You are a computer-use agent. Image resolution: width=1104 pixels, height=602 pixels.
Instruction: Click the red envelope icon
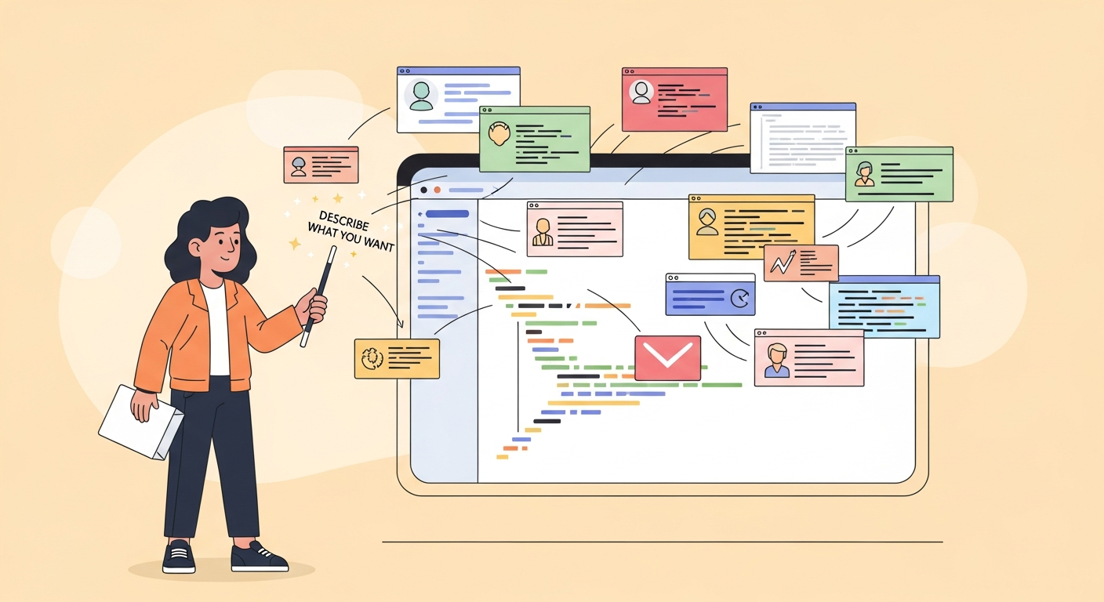pyautogui.click(x=667, y=358)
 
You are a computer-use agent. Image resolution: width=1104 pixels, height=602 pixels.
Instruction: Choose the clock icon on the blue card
pyautogui.click(x=739, y=298)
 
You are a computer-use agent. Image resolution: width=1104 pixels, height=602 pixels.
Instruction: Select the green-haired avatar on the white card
pyautogui.click(x=421, y=96)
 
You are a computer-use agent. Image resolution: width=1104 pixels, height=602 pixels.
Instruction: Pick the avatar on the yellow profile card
pyautogui.click(x=707, y=222)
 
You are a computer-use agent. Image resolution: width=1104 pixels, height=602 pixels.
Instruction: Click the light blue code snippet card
pyautogui.click(x=884, y=306)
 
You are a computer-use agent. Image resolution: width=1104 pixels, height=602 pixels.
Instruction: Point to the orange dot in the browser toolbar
pyautogui.click(x=438, y=190)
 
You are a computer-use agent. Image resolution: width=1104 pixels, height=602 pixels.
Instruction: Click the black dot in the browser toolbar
pyautogui.click(x=424, y=190)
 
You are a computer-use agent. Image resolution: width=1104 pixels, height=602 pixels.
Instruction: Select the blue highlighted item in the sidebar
pyautogui.click(x=447, y=213)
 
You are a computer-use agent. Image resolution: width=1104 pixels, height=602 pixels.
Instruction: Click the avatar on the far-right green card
pyautogui.click(x=865, y=174)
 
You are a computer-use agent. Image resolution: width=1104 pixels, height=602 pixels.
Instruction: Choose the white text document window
pyautogui.click(x=802, y=138)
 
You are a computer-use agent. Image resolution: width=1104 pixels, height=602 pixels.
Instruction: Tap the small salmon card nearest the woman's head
pyautogui.click(x=321, y=165)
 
